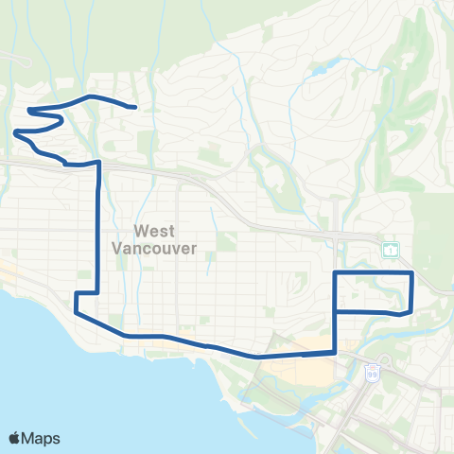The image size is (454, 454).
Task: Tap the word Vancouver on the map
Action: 153,249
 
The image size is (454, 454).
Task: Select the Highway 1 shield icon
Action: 390,250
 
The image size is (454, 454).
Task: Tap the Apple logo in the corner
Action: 15,438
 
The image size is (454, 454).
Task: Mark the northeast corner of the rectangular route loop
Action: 412,272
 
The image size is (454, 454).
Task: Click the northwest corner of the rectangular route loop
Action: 336,272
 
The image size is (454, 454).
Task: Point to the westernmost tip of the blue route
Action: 15,132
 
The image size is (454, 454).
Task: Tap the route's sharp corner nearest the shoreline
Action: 76,312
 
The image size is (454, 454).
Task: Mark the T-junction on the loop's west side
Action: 336,310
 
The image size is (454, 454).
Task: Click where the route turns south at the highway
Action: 98,164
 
